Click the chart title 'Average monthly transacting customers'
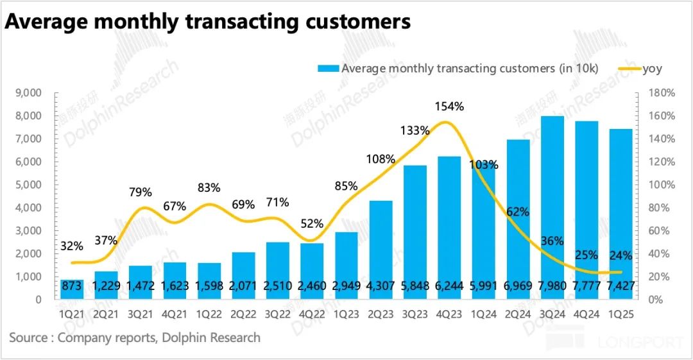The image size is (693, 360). (207, 21)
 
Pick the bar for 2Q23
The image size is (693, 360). (382, 250)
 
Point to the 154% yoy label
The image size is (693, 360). (450, 107)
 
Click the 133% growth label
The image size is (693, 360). (415, 130)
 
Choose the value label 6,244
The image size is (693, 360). (450, 289)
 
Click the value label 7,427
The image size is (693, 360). (621, 289)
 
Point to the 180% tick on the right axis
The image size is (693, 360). (660, 93)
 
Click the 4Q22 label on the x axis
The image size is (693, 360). (312, 314)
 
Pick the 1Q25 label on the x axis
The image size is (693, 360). (621, 314)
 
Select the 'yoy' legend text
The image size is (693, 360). (652, 69)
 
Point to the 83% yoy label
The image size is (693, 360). (209, 188)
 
